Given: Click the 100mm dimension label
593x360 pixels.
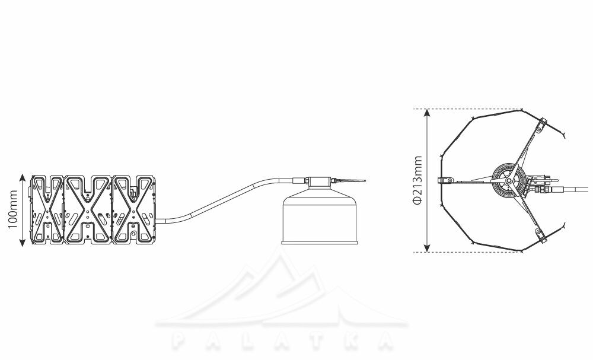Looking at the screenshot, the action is click(13, 209).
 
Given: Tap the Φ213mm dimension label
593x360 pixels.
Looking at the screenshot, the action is click(417, 180).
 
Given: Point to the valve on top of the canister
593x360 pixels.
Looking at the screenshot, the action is click(320, 182).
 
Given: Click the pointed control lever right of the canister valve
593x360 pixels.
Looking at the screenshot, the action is click(350, 181).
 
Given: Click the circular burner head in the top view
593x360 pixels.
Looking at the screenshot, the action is click(509, 181).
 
